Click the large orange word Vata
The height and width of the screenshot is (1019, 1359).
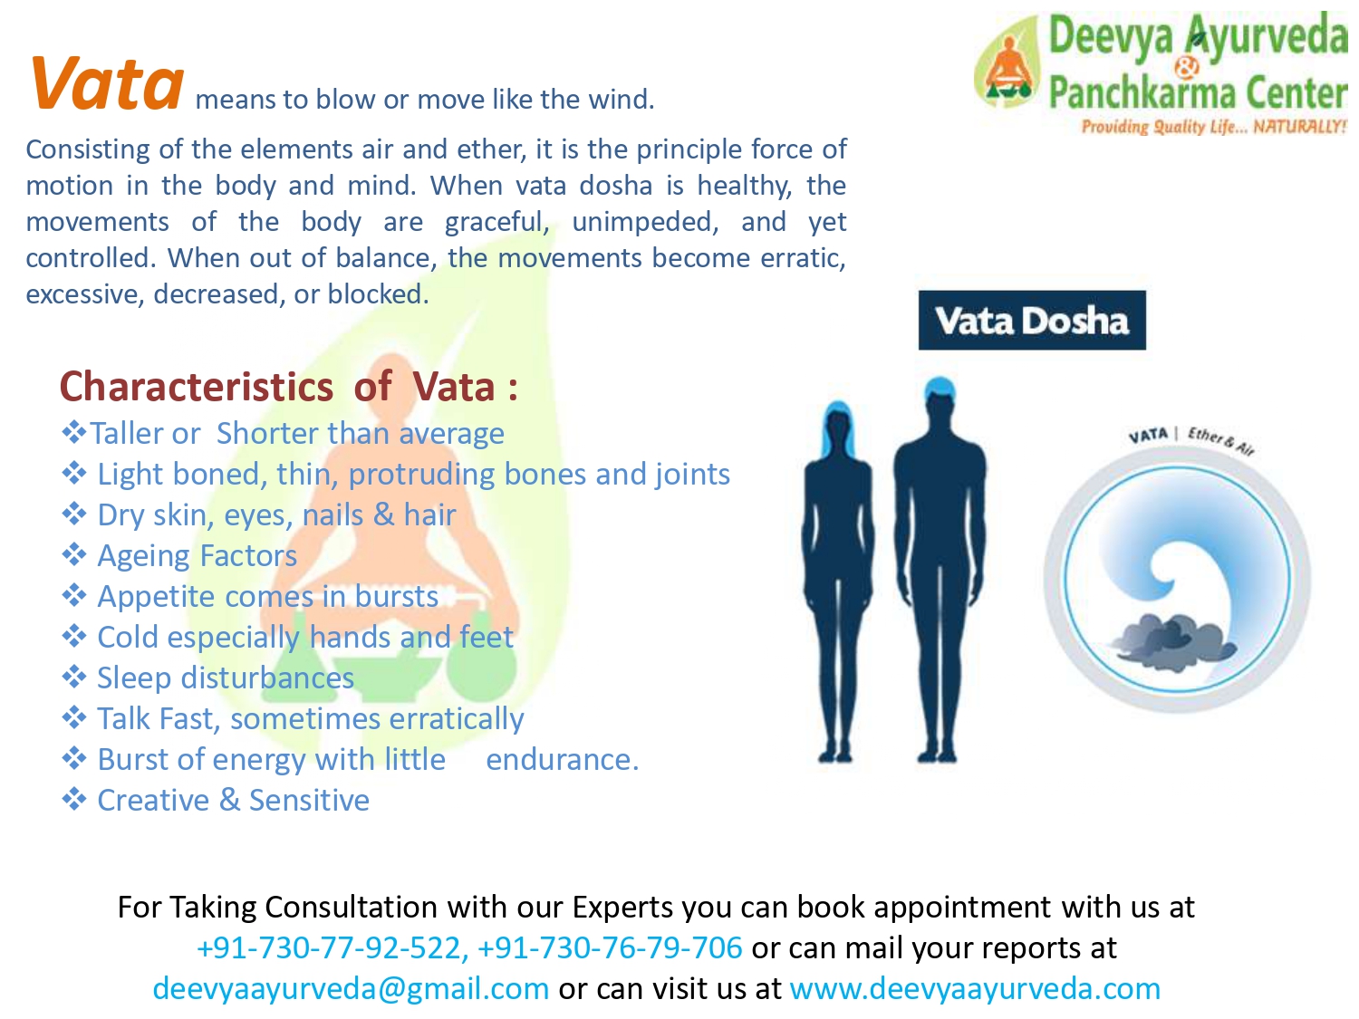pyautogui.click(x=107, y=83)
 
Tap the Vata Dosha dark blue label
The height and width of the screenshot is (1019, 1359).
pyautogui.click(x=1031, y=320)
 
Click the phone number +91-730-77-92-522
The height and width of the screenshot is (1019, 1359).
pyautogui.click(x=329, y=947)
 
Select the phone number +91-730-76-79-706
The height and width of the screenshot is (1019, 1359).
pyautogui.click(x=610, y=947)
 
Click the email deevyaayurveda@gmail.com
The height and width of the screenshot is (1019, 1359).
pyautogui.click(x=351, y=988)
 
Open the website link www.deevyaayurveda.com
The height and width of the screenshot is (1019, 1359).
pyautogui.click(x=975, y=988)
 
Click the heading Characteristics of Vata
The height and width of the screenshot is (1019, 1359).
pyautogui.click(x=288, y=387)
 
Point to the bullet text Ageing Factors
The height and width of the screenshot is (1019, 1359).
pyautogui.click(x=197, y=555)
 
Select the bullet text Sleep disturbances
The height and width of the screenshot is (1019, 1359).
pyautogui.click(x=226, y=678)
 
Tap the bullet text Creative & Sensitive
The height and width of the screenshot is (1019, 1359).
pyautogui.click(x=234, y=800)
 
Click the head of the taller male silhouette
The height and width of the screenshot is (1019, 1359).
pyautogui.click(x=940, y=401)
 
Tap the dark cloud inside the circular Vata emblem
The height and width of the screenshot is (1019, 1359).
pyautogui.click(x=1172, y=641)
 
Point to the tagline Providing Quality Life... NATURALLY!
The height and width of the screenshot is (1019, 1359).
pyautogui.click(x=1213, y=127)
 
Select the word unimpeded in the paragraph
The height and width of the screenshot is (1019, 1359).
pyautogui.click(x=644, y=222)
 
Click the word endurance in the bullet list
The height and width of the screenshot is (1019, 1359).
pyautogui.click(x=563, y=760)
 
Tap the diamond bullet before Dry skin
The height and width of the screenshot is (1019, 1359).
pyautogui.click(x=73, y=514)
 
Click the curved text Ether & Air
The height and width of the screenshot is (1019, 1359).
pyautogui.click(x=1220, y=441)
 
